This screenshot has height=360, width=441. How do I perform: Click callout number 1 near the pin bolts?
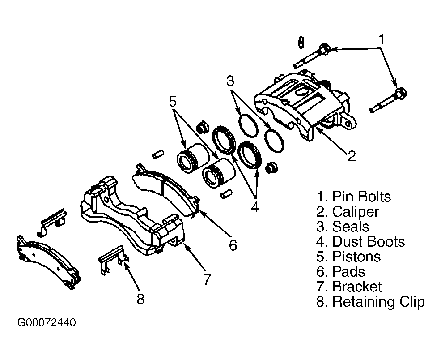(x=382, y=40)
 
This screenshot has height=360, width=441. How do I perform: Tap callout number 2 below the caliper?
(x=352, y=156)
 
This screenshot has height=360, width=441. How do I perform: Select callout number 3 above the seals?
(x=230, y=81)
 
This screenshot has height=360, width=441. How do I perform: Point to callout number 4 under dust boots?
(x=255, y=207)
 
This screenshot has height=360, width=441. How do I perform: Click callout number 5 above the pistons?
(x=173, y=101)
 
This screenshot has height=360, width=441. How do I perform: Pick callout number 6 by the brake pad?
(x=233, y=245)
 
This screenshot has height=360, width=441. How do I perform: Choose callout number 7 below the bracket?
(x=207, y=279)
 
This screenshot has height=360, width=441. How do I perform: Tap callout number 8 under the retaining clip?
(x=140, y=299)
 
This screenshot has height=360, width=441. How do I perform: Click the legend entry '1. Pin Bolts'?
(x=353, y=197)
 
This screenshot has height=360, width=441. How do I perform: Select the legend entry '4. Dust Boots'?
(x=360, y=241)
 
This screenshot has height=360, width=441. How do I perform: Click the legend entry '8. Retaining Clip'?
(x=370, y=302)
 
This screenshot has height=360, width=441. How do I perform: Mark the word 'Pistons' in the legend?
(x=356, y=257)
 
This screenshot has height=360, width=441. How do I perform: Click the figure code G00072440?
(x=47, y=322)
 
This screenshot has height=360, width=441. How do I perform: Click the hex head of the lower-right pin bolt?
(x=400, y=94)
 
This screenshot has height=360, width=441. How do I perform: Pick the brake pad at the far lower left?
(x=48, y=262)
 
